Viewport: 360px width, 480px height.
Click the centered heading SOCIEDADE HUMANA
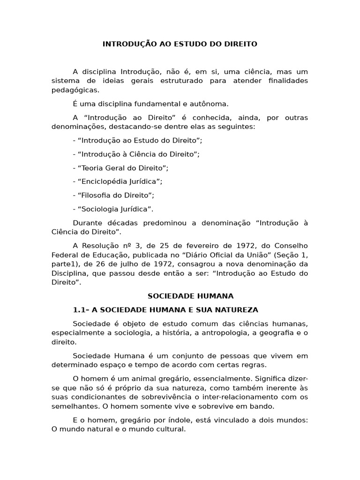point(190,296)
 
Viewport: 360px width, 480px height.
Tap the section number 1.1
point(80,310)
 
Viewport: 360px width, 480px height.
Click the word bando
point(263,406)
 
